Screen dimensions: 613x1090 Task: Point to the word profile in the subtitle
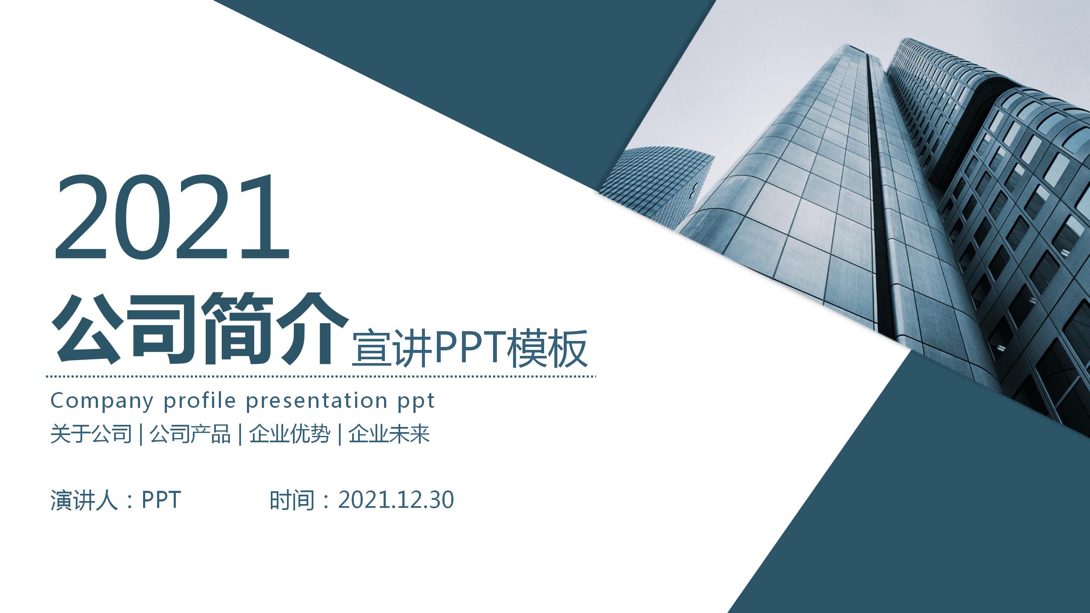point(200,401)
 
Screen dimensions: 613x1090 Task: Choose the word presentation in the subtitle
point(317,401)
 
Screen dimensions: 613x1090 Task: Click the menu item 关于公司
point(91,434)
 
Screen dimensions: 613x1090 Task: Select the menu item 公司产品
point(190,434)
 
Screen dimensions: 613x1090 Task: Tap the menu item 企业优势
point(290,434)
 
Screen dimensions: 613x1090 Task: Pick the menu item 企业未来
point(389,434)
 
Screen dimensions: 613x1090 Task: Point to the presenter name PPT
point(161,500)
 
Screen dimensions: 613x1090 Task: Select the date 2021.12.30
point(396,500)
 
